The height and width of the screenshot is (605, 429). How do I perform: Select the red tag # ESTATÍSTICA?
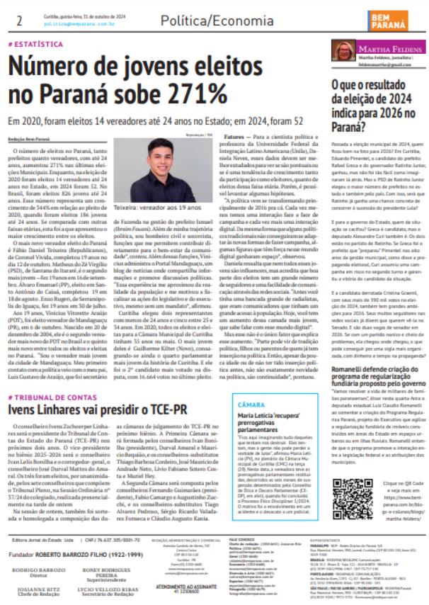(x=35, y=44)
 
